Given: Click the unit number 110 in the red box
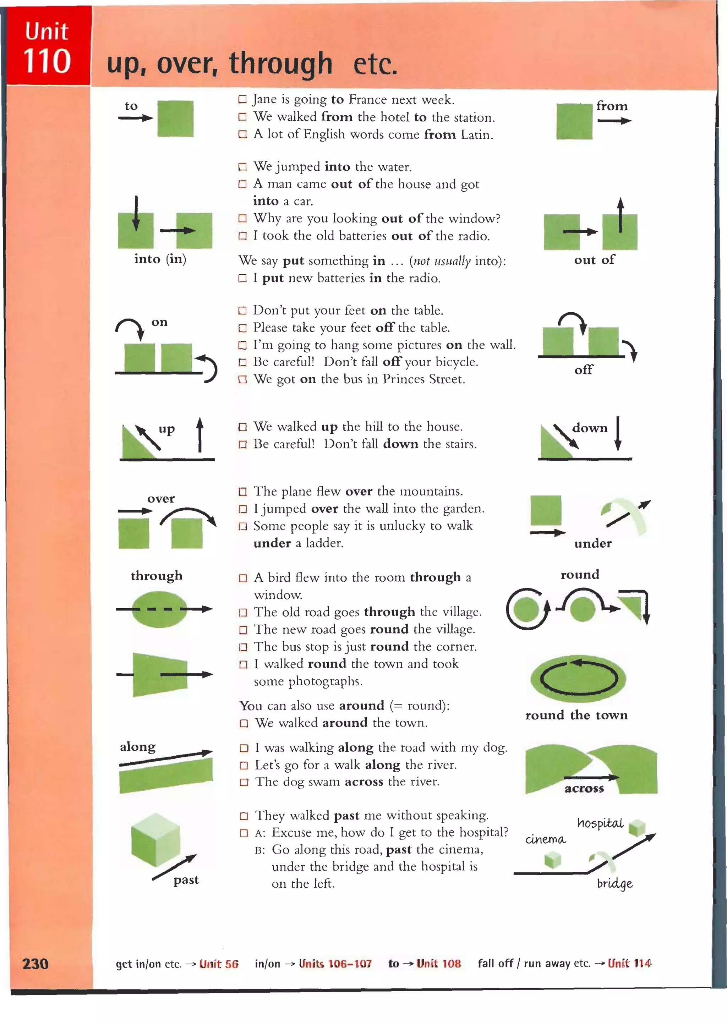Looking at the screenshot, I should click(x=47, y=61).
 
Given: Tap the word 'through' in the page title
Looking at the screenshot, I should click(x=281, y=63).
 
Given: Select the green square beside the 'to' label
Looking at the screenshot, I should click(x=175, y=119).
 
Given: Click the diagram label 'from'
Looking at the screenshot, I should click(x=612, y=106).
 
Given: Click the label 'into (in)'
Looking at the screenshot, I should click(x=160, y=259).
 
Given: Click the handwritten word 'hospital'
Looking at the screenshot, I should click(x=600, y=823).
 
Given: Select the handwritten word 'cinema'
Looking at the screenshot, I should click(x=545, y=839).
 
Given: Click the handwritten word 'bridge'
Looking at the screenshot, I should click(x=614, y=883).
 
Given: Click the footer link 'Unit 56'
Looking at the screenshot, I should click(x=219, y=964).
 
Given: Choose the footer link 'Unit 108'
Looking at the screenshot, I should click(x=438, y=963).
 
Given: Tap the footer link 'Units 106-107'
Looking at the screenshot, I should click(x=335, y=963).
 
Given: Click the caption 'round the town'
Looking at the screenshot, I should click(x=576, y=715).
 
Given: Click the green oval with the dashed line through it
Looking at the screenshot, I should click(x=159, y=609).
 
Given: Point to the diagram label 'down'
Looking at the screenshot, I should click(x=590, y=428).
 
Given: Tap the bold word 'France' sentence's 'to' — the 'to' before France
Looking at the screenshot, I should click(x=337, y=99).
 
